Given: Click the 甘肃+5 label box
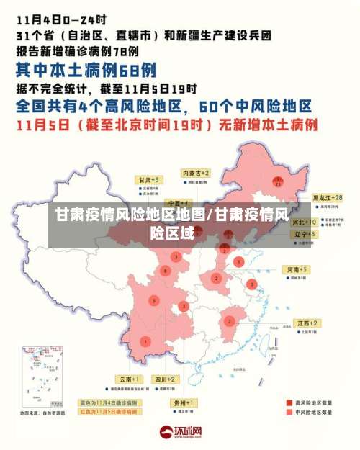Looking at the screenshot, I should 150,179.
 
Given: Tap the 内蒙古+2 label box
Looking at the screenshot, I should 195,174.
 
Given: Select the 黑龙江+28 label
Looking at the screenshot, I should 327,197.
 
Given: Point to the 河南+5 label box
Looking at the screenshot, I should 297,269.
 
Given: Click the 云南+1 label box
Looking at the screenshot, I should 130,379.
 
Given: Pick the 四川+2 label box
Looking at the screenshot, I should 165,379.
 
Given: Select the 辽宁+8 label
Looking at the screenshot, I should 305,234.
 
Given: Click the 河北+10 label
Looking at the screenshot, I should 305,223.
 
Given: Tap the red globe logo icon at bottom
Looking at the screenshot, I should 165,433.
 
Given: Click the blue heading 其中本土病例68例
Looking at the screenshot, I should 86,70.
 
